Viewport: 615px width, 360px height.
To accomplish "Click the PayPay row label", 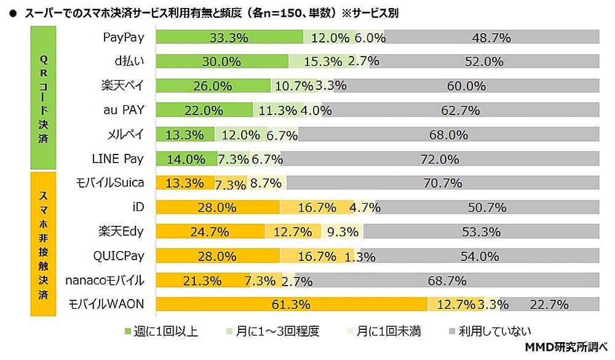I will click(x=123, y=38).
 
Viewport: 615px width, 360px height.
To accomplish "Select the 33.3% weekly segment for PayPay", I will click(x=229, y=38).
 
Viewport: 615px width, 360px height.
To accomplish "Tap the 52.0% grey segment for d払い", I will click(x=484, y=62).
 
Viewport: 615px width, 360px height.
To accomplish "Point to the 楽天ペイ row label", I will click(x=122, y=86).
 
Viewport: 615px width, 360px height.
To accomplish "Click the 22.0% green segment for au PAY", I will click(x=204, y=110).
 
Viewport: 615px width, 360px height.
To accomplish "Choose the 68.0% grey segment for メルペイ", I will click(x=448, y=134).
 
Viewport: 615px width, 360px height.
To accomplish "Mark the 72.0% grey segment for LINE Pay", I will click(x=440, y=159).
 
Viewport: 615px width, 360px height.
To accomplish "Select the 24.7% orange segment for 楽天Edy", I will click(x=211, y=231).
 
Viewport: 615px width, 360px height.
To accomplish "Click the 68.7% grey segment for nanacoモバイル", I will click(x=447, y=280).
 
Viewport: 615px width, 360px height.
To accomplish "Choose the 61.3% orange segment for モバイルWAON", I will click(x=292, y=304).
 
